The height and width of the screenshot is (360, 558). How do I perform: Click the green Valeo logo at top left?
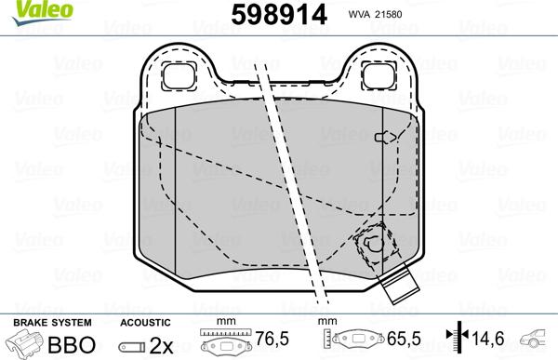(x=28, y=8)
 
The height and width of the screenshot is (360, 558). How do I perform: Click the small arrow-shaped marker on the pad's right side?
(x=381, y=138)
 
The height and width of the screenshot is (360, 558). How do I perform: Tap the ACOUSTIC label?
(x=145, y=322)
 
